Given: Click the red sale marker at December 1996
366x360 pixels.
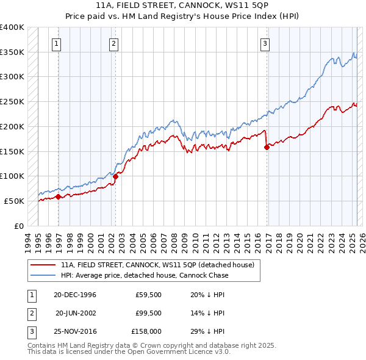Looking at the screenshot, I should (x=58, y=196).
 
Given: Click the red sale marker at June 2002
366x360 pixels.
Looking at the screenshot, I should (x=115, y=176).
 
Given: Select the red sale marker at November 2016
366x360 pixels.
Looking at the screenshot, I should (x=267, y=147).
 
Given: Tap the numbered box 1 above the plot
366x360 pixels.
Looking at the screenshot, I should (x=56, y=43).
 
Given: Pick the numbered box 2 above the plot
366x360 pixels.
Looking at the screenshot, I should (x=114, y=43).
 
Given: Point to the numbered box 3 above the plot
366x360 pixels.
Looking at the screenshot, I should (x=265, y=43).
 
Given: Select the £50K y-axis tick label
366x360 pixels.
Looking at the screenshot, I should (x=15, y=201).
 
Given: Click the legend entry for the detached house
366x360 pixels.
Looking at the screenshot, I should (x=161, y=265).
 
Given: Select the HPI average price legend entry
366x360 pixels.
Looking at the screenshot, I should (x=144, y=275).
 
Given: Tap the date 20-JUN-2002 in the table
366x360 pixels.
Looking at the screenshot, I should (x=76, y=314).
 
